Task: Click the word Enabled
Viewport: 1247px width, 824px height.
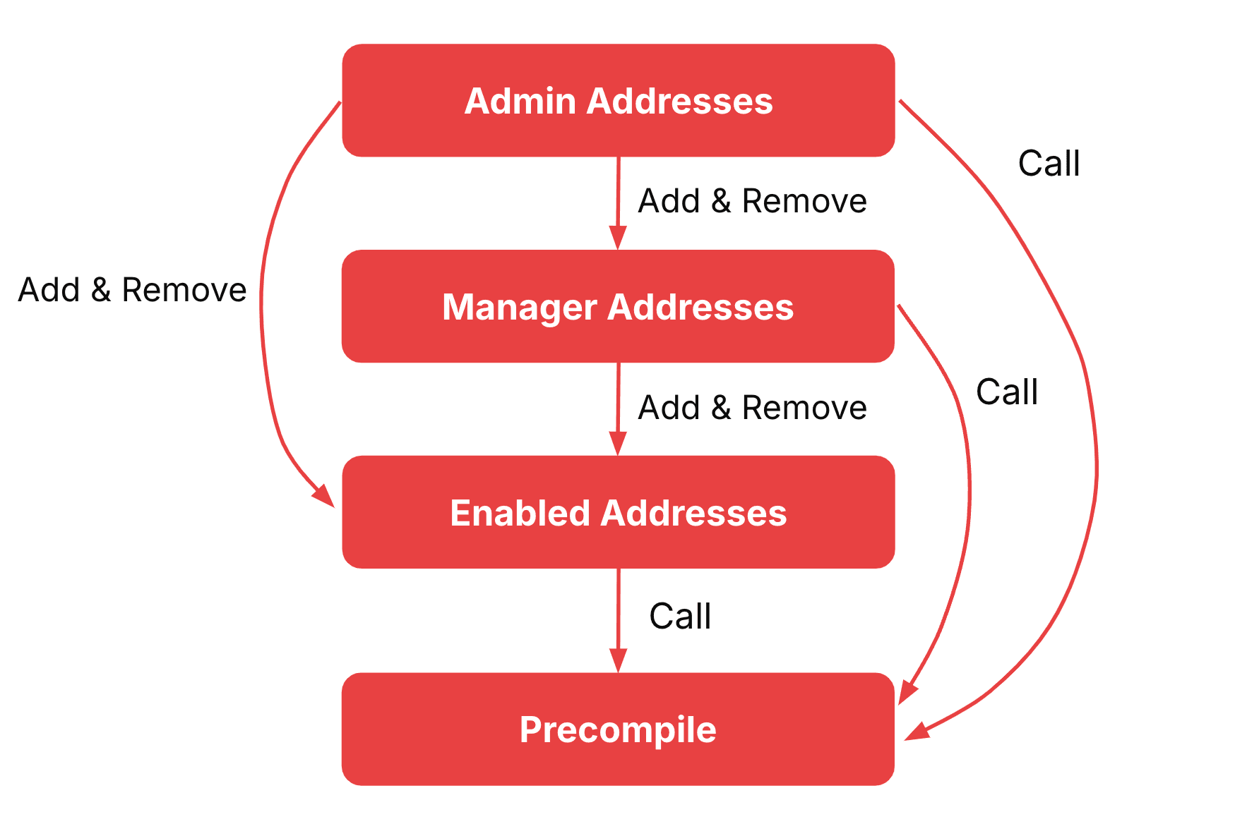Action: click(x=520, y=513)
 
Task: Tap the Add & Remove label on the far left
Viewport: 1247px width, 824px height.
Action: click(x=132, y=290)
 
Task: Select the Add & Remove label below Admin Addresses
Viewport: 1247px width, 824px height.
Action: click(x=752, y=201)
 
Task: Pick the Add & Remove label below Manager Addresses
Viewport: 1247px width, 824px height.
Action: click(x=752, y=408)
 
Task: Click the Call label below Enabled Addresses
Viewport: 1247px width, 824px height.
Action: click(x=680, y=616)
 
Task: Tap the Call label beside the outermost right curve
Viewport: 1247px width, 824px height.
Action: click(x=1049, y=164)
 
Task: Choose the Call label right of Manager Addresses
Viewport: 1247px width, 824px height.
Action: click(x=1007, y=392)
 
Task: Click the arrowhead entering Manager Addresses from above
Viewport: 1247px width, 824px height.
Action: click(x=618, y=238)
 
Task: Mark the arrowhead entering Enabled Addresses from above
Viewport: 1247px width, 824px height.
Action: click(x=618, y=444)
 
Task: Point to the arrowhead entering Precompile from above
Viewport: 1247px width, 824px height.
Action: click(x=618, y=662)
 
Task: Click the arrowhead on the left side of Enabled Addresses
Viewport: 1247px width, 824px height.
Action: click(x=325, y=496)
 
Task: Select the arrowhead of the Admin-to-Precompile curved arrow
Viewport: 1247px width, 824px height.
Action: click(x=917, y=732)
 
